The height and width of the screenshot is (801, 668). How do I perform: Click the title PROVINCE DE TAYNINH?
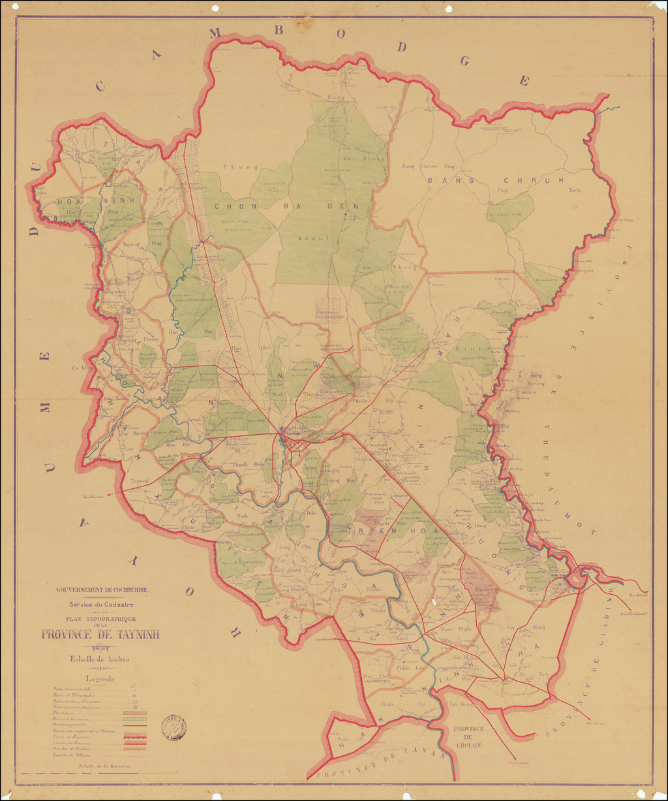[100, 634]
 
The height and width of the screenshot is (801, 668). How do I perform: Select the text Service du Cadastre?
[101, 605]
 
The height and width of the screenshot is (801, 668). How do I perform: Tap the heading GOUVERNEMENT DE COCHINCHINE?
[101, 590]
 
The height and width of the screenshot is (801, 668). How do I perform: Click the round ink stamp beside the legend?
[174, 727]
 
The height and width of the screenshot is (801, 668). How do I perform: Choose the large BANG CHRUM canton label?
[496, 180]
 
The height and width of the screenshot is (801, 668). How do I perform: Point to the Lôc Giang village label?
[461, 704]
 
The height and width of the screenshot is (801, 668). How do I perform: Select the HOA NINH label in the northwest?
[78, 202]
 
